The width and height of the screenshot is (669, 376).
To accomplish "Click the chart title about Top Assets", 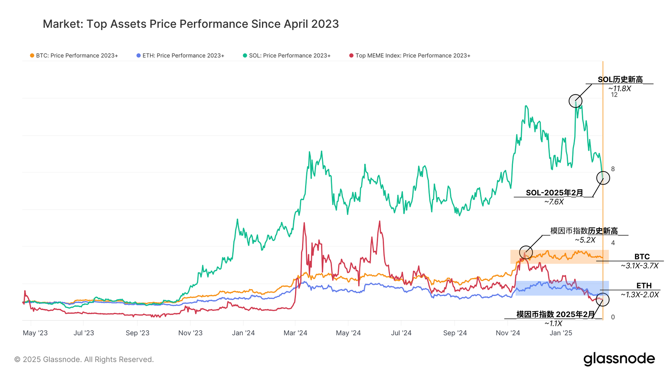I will (191, 24).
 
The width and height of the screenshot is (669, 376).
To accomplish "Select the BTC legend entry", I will (74, 55).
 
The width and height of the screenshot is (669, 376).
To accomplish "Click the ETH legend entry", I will (180, 55).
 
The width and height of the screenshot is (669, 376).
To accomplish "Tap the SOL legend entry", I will (287, 55).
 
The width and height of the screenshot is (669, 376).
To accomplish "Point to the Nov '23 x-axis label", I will (190, 333).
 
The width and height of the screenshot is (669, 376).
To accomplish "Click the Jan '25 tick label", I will (561, 333).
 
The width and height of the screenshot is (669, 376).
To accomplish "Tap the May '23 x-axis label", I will (35, 333).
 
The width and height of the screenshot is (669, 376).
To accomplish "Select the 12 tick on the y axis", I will (614, 95).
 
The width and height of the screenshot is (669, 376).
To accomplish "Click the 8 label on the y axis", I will (613, 169).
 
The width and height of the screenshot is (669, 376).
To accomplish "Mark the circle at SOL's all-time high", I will (575, 101).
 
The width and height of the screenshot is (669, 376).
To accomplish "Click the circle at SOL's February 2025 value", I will (603, 178).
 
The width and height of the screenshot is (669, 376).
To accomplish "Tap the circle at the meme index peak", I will (526, 252).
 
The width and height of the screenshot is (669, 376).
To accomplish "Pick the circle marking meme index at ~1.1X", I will (602, 300).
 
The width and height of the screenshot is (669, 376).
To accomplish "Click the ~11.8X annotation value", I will (619, 89).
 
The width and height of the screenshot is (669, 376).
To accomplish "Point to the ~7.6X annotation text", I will (554, 202).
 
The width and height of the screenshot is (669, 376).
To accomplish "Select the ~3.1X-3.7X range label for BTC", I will (640, 266).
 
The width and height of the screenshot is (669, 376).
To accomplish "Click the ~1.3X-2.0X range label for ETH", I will (640, 295).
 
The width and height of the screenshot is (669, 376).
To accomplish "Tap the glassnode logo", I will (619, 359).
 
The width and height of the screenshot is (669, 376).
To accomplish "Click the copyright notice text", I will (84, 360).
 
